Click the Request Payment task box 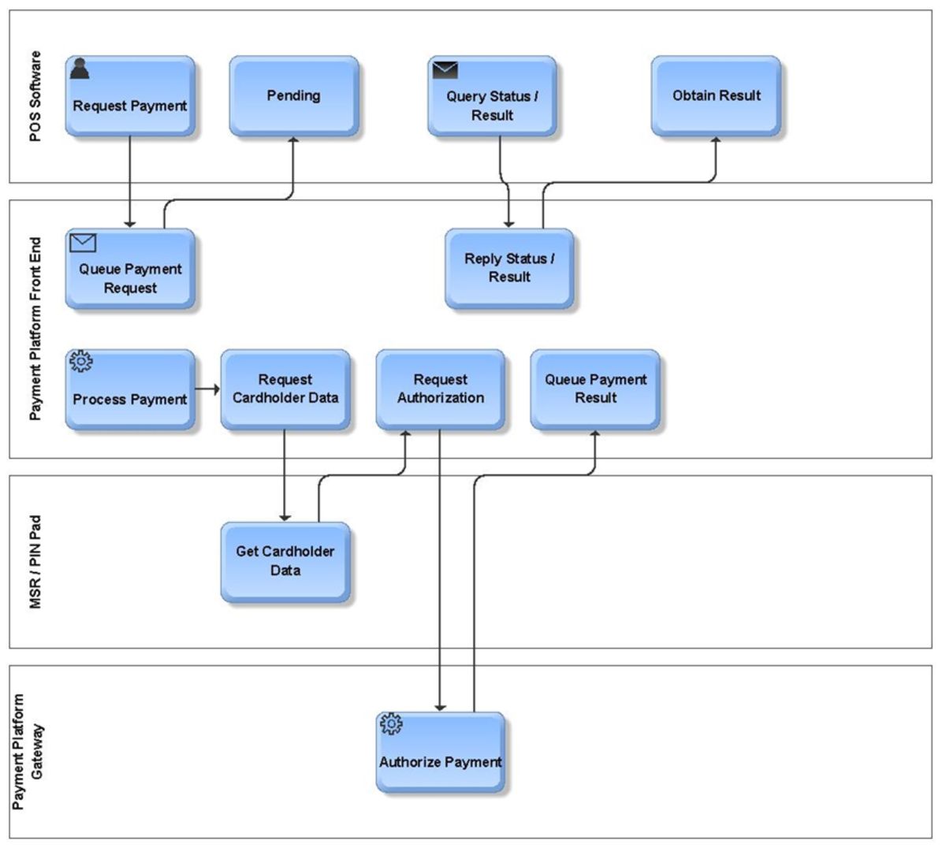pyautogui.click(x=130, y=96)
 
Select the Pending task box pyautogui.click(x=293, y=96)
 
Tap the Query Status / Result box pyautogui.click(x=492, y=96)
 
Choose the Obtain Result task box pyautogui.click(x=716, y=96)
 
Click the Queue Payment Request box pyautogui.click(x=130, y=270)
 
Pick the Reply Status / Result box pyautogui.click(x=509, y=269)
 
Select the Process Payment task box pyautogui.click(x=130, y=390)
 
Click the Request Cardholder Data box pyautogui.click(x=285, y=390)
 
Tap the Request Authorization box pyautogui.click(x=440, y=390)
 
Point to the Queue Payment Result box pyautogui.click(x=595, y=390)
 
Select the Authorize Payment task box pyautogui.click(x=440, y=753)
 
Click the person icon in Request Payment pyautogui.click(x=80, y=69)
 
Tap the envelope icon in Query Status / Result pyautogui.click(x=445, y=70)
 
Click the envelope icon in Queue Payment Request pyautogui.click(x=83, y=243)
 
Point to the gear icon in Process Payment pyautogui.click(x=81, y=362)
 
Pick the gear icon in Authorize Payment pyautogui.click(x=391, y=724)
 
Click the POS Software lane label pyautogui.click(x=35, y=97)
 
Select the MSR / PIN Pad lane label pyautogui.click(x=35, y=562)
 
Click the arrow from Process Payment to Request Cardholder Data pyautogui.click(x=207, y=389)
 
